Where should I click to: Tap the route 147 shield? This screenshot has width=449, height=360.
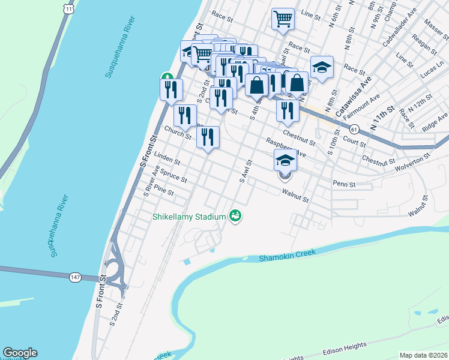coord(90,277)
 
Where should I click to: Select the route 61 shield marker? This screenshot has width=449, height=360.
coord(355,129)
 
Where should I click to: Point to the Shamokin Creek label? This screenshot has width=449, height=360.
coord(287,256)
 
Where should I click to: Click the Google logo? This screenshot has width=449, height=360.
coord(20,353)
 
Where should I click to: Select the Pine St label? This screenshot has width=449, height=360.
coord(163,191)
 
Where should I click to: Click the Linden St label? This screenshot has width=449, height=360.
coord(167,160)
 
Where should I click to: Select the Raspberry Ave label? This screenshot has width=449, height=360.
coord(286,148)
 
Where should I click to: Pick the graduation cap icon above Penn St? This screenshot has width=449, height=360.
coord(285,160)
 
